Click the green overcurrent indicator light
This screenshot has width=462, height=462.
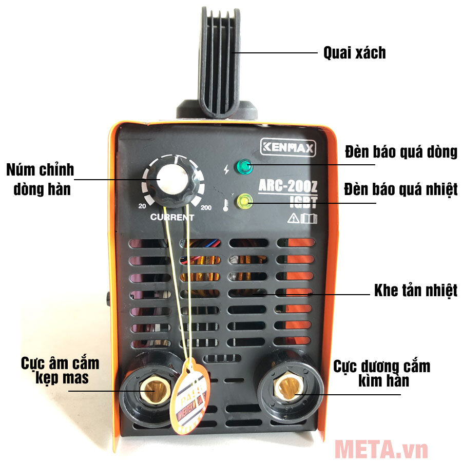click(243, 166)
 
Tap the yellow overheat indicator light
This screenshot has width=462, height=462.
click(243, 201)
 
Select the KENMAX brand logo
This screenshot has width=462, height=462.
click(288, 148)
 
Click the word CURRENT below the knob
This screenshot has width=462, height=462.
click(172, 217)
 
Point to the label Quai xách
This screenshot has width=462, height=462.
click(354, 53)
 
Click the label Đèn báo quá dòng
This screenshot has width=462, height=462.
click(401, 152)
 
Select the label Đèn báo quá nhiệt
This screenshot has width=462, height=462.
click(401, 189)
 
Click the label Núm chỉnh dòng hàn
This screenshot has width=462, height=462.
click(40, 179)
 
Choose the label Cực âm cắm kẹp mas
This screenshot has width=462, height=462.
click(60, 371)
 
